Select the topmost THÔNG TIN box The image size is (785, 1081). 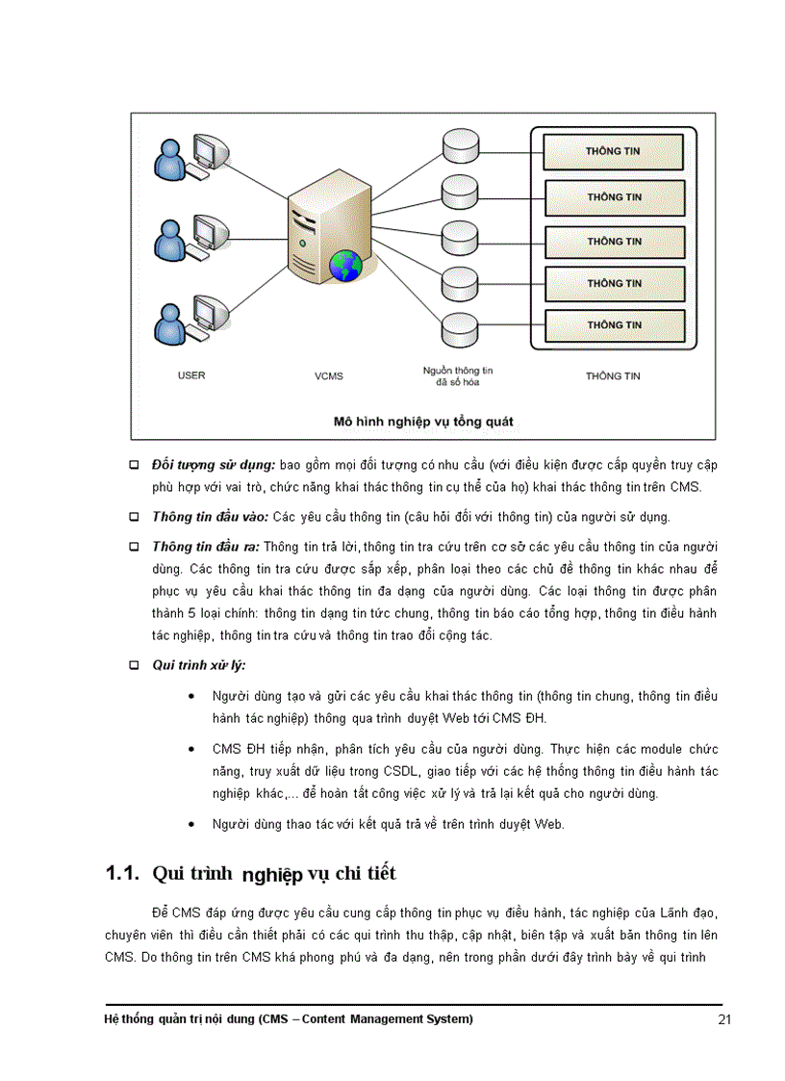point(614,152)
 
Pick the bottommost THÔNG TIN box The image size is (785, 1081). point(614,325)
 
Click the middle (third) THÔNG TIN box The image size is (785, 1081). point(614,242)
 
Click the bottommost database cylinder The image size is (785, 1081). point(455,329)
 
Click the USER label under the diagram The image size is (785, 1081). point(191,375)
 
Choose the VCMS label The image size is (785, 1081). point(328,376)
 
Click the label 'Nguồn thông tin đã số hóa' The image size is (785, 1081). point(458,376)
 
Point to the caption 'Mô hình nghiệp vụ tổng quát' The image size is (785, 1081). point(423,422)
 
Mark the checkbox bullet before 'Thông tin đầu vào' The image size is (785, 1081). point(135,518)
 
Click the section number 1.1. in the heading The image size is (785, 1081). point(124,874)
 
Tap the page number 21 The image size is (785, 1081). point(725,1021)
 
